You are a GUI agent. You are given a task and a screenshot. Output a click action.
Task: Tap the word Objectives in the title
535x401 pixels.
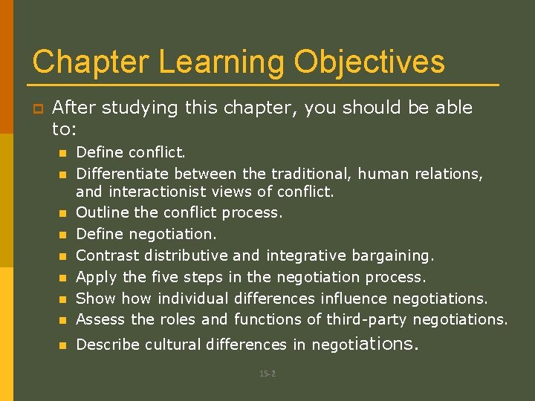point(369,62)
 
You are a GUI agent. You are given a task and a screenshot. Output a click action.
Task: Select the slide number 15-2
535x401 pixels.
point(267,374)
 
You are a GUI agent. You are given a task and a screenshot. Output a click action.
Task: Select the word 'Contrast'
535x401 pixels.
point(108,256)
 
